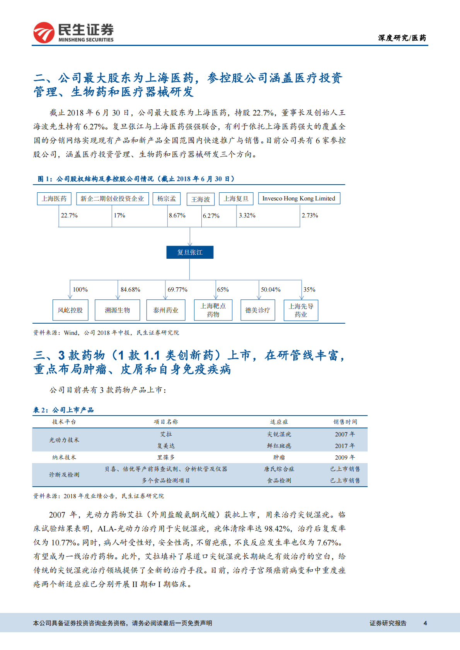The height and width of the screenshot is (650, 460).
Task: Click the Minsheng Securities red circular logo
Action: pos(44,32)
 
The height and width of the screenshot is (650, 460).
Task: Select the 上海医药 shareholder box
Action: pos(54,199)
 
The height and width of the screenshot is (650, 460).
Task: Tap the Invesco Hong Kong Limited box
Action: pos(299,199)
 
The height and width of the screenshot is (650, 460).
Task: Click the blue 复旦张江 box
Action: pos(190,252)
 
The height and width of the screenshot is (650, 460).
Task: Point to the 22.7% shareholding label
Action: pos(69,216)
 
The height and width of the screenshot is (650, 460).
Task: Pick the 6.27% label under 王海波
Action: pos(211,216)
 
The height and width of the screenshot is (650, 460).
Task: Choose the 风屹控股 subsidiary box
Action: pos(70,310)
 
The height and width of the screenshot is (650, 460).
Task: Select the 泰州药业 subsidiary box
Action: pos(166,310)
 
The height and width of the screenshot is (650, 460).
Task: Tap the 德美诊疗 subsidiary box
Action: pos(258,310)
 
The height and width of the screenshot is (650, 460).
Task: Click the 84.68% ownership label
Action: pos(130,290)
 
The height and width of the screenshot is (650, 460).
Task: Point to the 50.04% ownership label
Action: pos(271,290)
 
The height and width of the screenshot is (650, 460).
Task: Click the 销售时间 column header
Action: pos(345,422)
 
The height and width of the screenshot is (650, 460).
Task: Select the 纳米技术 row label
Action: pos(64,457)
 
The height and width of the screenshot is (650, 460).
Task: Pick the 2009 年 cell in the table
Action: pos(345,457)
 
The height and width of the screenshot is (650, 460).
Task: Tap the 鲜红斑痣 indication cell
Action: pos(279,446)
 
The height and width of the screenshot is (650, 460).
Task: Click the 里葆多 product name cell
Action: pos(166,457)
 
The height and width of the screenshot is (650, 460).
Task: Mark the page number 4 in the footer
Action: pos(425,623)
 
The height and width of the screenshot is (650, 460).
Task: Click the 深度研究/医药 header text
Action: pos(402,38)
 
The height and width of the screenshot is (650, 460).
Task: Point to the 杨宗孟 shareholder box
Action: pos(167,199)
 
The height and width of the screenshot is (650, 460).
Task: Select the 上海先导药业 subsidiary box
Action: pos(301,310)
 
